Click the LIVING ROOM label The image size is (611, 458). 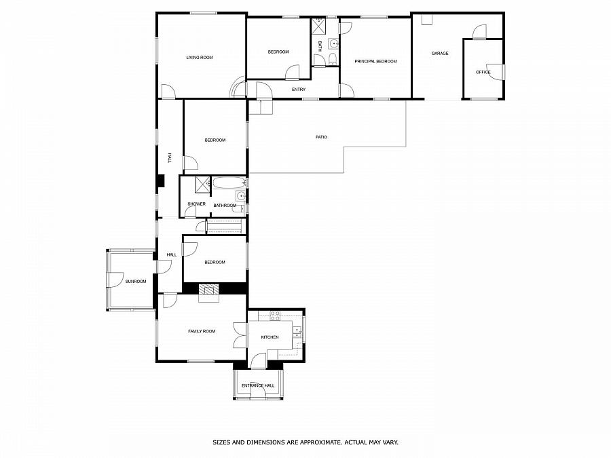(x=200, y=58)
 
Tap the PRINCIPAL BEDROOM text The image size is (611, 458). (x=375, y=61)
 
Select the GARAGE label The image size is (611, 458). (x=440, y=53)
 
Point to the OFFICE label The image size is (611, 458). (x=483, y=72)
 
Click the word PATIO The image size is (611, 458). (x=321, y=137)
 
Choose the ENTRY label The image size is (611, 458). (x=298, y=90)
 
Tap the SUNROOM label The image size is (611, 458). (x=135, y=281)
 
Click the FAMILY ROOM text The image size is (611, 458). (x=202, y=331)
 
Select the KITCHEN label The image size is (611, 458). (x=270, y=337)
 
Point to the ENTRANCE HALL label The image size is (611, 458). (x=258, y=385)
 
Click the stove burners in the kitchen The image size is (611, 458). (x=275, y=315)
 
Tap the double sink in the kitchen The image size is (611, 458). (x=297, y=332)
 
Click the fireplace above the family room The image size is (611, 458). (x=210, y=291)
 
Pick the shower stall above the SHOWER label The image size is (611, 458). (x=202, y=185)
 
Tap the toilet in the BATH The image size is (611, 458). (x=331, y=61)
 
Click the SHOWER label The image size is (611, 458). (x=197, y=204)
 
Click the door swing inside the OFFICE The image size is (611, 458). (x=498, y=72)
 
